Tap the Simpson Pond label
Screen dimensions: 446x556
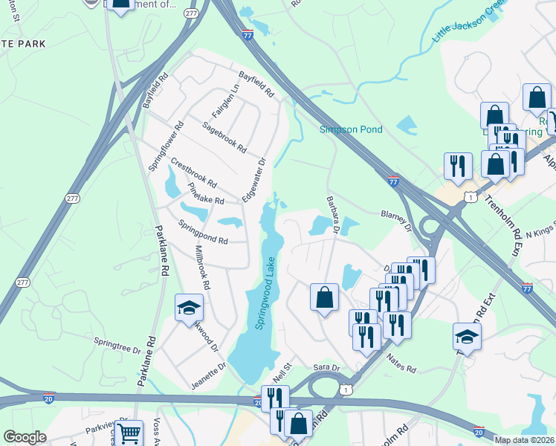pyautogui.click(x=351, y=130)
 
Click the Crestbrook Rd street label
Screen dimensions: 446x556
pyautogui.click(x=193, y=172)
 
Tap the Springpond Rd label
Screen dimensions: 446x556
pyautogui.click(x=202, y=232)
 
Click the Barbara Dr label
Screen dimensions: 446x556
pyautogui.click(x=332, y=215)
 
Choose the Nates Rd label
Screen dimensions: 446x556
pyautogui.click(x=401, y=363)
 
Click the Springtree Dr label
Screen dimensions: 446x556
pyautogui.click(x=117, y=344)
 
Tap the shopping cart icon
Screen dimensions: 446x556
pyautogui.click(x=129, y=433)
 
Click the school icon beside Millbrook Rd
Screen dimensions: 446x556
pyautogui.click(x=189, y=306)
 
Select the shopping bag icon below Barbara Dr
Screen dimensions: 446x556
pyautogui.click(x=324, y=297)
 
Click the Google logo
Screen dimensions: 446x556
pyautogui.click(x=25, y=437)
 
